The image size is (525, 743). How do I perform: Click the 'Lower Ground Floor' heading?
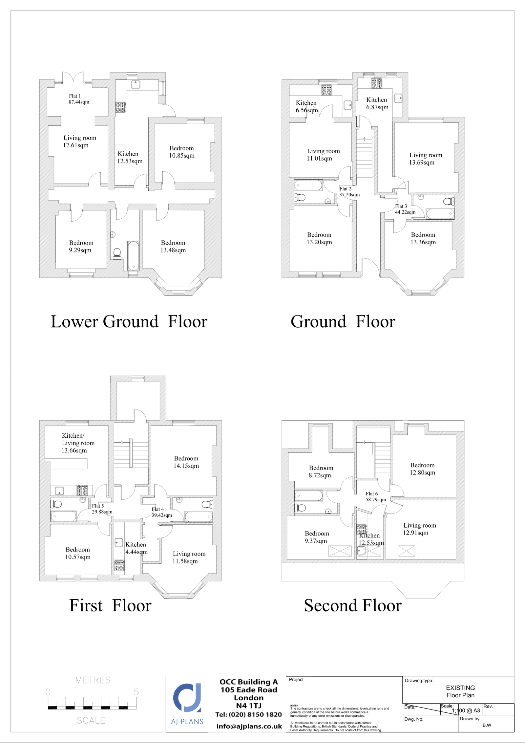(x=129, y=321)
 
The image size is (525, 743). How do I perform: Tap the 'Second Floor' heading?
(x=353, y=605)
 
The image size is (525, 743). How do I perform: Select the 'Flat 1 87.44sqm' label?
(x=79, y=99)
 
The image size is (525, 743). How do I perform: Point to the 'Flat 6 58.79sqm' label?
(x=376, y=496)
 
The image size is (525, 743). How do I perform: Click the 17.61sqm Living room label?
(x=80, y=142)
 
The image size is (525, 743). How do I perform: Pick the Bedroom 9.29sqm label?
(x=81, y=246)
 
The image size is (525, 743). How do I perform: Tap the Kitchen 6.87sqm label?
(x=377, y=103)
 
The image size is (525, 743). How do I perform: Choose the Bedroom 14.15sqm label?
(x=186, y=462)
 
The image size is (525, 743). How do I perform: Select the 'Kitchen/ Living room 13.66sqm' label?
(x=78, y=443)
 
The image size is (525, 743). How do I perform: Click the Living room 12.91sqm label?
(x=419, y=529)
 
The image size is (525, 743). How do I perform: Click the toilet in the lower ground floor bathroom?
(x=117, y=254)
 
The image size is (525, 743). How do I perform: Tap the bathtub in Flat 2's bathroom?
(x=308, y=185)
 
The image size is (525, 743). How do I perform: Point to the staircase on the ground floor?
(x=365, y=158)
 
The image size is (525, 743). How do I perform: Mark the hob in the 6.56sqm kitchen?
(x=326, y=90)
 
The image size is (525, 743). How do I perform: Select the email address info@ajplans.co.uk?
(x=249, y=726)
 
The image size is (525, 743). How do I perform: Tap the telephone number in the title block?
(x=248, y=714)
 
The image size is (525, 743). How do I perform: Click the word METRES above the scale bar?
(x=93, y=680)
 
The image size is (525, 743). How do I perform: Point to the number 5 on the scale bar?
(x=136, y=692)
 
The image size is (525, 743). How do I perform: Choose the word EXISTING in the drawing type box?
(x=460, y=688)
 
